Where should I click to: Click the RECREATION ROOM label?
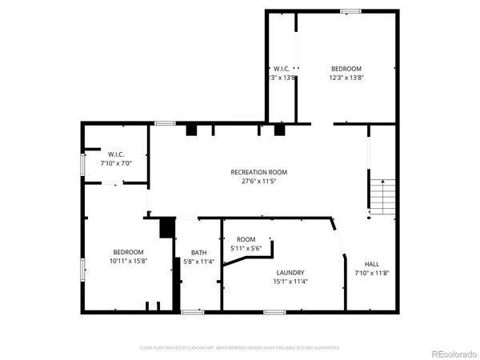pyautogui.click(x=258, y=172)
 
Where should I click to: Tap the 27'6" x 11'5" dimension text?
pyautogui.click(x=258, y=181)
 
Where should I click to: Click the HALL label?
pyautogui.click(x=372, y=264)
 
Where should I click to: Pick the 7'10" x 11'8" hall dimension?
pyautogui.click(x=372, y=273)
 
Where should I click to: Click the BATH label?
pyautogui.click(x=198, y=253)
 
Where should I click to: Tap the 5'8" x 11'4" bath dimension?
pyautogui.click(x=198, y=262)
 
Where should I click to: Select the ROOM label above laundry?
pyautogui.click(x=246, y=239)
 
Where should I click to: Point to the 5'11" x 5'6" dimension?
pyautogui.click(x=246, y=248)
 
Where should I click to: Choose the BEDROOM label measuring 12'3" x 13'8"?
pyautogui.click(x=346, y=69)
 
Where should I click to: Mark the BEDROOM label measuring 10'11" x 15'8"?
pyautogui.click(x=128, y=252)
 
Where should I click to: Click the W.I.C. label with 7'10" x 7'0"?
pyautogui.click(x=116, y=154)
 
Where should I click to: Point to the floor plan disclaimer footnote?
pyautogui.click(x=240, y=348)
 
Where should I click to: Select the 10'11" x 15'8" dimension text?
pyautogui.click(x=128, y=261)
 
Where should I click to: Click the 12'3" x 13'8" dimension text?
pyautogui.click(x=346, y=78)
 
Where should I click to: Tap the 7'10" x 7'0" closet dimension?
pyautogui.click(x=116, y=162)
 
